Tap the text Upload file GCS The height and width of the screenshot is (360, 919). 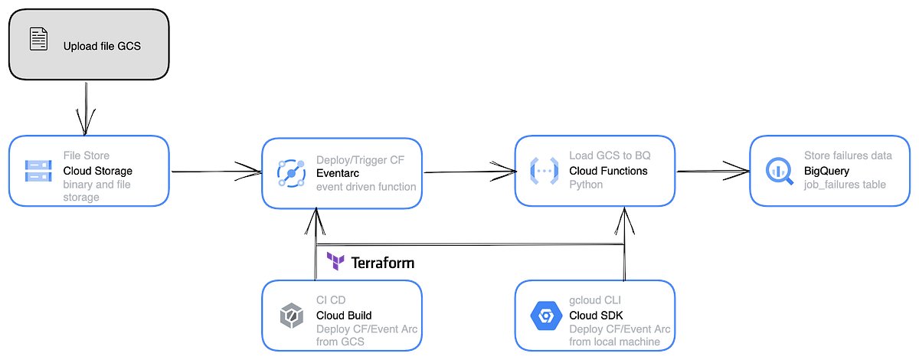[x=102, y=46]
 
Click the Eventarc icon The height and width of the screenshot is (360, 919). [x=291, y=172]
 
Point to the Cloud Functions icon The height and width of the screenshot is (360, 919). [x=544, y=171]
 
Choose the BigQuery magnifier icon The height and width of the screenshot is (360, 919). [x=780, y=171]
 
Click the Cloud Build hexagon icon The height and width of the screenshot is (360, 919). [x=291, y=315]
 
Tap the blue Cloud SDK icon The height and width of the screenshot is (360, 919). [x=544, y=315]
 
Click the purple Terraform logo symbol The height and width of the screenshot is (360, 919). [x=335, y=262]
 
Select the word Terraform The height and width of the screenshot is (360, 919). [x=382, y=263]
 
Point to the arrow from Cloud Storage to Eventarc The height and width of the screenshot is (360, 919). [x=214, y=171]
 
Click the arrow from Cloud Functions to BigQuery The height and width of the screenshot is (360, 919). [x=712, y=171]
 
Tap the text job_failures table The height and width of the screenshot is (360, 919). [x=845, y=185]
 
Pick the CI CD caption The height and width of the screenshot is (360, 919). [x=332, y=300]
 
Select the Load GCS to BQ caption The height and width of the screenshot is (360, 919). [x=610, y=155]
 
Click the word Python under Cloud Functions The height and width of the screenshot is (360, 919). [x=586, y=185]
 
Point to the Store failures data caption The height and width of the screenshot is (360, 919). [x=848, y=155]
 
